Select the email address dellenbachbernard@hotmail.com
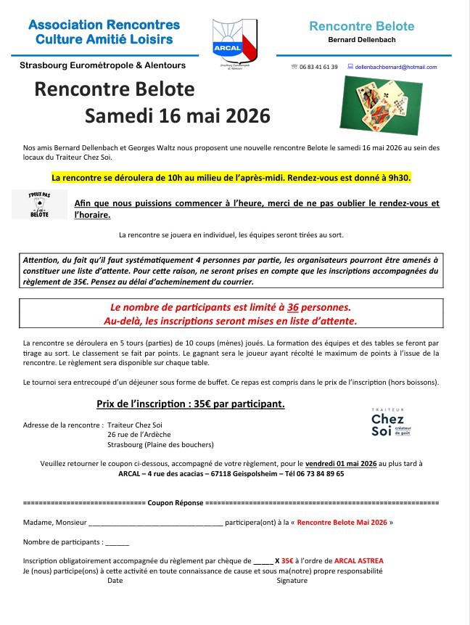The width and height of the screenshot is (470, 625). click(x=397, y=67)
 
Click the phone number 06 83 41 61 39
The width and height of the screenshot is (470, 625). click(x=318, y=67)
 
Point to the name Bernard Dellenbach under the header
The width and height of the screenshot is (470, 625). click(x=361, y=40)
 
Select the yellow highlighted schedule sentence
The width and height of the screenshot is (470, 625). click(x=231, y=176)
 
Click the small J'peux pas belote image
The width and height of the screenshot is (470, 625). click(x=40, y=204)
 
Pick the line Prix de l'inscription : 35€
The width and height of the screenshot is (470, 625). click(x=190, y=403)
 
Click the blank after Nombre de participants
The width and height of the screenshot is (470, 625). click(x=117, y=542)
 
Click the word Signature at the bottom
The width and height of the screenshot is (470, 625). click(x=292, y=580)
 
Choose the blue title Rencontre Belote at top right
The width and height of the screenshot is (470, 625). click(x=361, y=26)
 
